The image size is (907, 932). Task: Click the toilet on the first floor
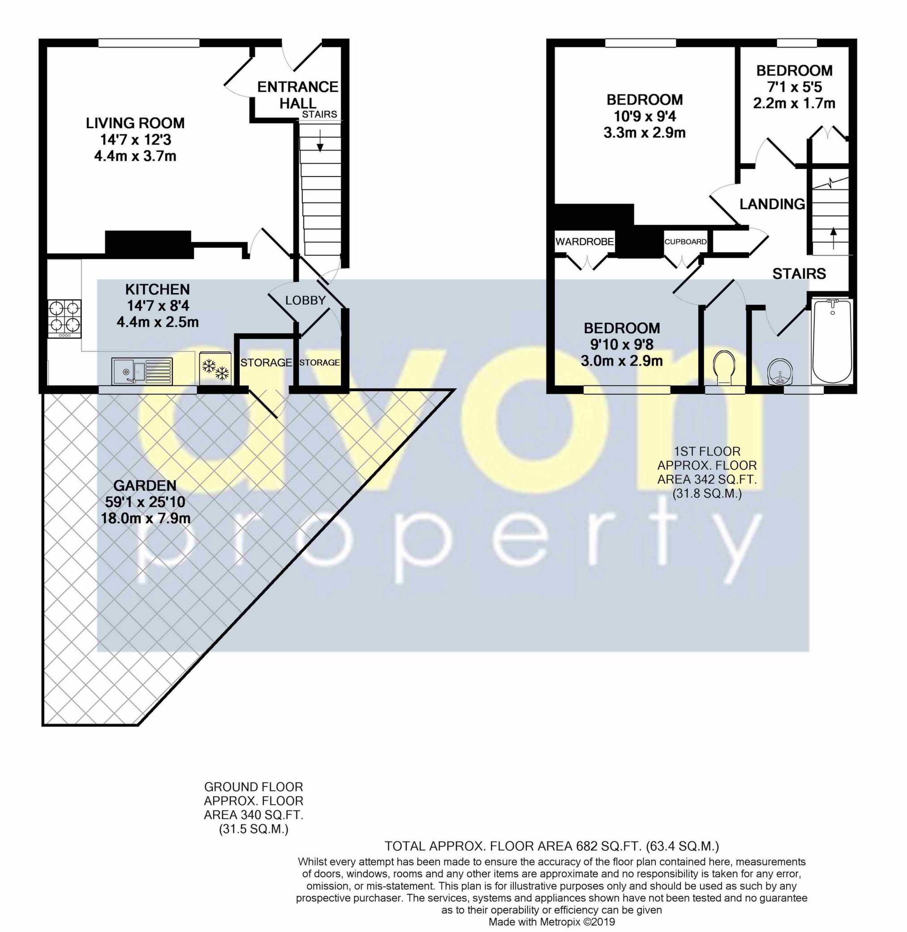point(725,368)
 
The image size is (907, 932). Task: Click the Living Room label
point(135,123)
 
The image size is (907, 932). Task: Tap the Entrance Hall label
point(297,95)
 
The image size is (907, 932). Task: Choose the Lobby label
point(305,301)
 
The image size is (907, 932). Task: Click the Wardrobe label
point(585,242)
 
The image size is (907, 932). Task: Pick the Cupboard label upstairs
point(685,242)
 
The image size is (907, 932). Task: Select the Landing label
point(772,204)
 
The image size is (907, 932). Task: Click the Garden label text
point(145,486)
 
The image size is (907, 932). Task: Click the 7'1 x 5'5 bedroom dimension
point(794,87)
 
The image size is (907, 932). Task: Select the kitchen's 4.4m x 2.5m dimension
point(158,322)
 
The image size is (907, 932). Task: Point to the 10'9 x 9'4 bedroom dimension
point(644,116)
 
